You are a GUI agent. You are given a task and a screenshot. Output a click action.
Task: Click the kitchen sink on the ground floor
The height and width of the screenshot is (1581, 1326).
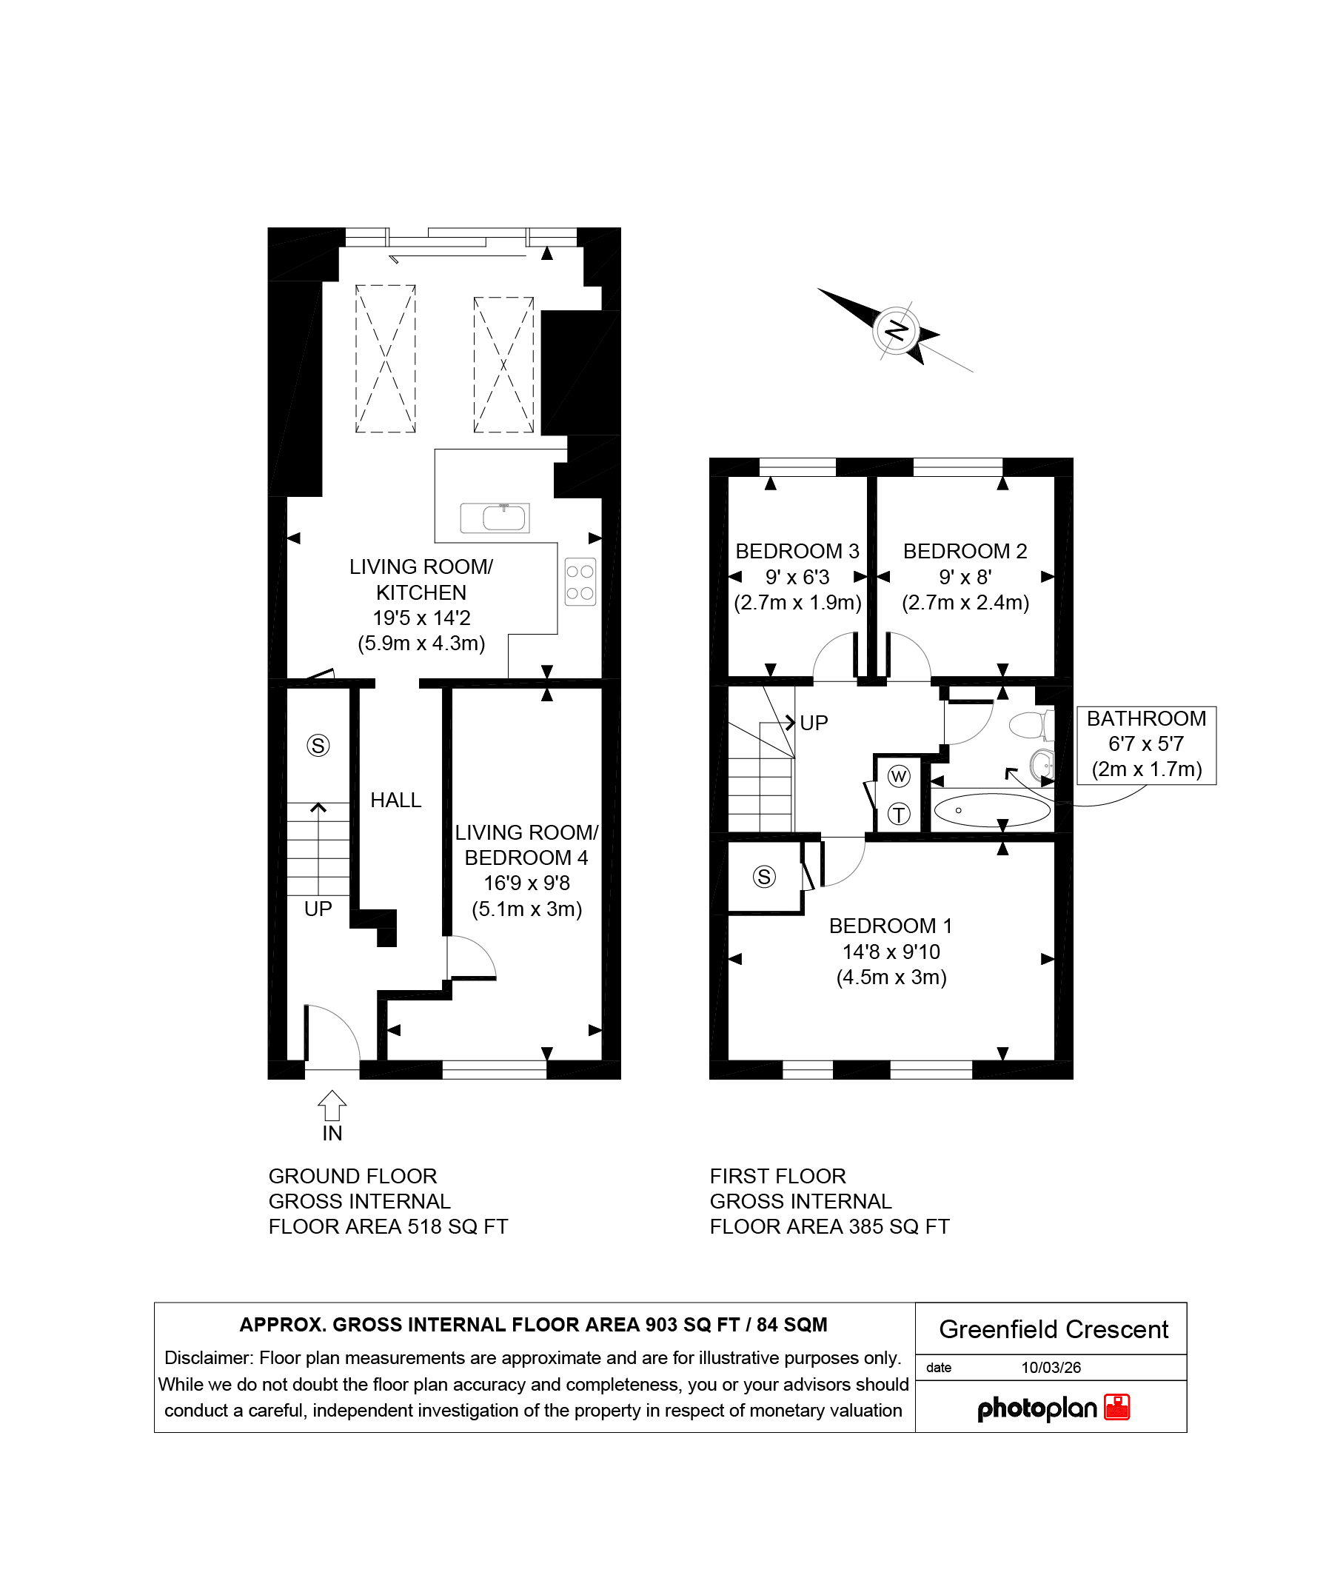(495, 518)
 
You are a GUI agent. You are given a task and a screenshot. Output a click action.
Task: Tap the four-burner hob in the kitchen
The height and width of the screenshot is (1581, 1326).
(580, 582)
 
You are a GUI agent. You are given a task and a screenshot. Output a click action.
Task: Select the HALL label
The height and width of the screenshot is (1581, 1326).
(396, 800)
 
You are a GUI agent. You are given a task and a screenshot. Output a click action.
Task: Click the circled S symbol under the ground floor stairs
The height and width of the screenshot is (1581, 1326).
(318, 746)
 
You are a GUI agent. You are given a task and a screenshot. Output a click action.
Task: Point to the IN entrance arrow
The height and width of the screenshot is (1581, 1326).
(332, 1106)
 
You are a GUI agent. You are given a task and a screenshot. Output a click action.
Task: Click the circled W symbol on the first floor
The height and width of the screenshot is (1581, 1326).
(900, 776)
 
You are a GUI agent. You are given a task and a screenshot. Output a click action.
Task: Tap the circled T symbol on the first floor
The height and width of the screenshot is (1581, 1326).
(900, 814)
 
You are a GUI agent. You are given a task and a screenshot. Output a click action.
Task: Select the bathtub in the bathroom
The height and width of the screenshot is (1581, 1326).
(992, 810)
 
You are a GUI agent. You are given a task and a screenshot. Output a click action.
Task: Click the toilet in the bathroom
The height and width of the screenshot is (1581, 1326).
(1031, 726)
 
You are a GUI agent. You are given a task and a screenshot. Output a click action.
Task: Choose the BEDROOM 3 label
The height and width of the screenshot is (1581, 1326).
(797, 552)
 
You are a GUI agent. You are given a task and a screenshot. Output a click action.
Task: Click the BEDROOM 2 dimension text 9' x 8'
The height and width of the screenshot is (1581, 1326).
(965, 578)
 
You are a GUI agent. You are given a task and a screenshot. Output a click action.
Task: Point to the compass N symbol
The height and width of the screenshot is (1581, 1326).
(897, 330)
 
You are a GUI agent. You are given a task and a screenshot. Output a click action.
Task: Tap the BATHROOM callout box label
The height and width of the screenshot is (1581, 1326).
(1146, 719)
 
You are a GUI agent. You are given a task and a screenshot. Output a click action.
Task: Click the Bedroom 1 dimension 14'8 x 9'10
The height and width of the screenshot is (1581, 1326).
(891, 952)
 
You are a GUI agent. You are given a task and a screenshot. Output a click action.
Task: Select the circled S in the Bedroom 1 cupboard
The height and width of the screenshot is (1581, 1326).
(765, 876)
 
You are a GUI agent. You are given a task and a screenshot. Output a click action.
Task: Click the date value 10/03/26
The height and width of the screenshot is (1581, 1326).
(1051, 1368)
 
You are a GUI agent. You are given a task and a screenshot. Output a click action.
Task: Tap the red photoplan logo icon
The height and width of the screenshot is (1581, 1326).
(1116, 1407)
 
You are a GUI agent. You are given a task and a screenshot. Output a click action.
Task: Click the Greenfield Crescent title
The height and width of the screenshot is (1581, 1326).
(1054, 1329)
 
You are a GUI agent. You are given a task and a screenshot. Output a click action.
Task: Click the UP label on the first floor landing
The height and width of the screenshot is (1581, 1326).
(814, 723)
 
